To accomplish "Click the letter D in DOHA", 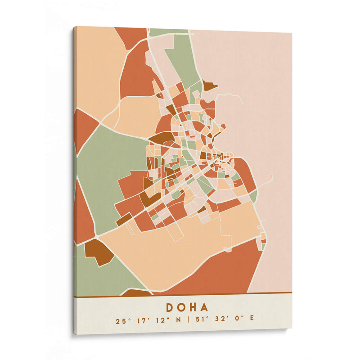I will pos(171,307).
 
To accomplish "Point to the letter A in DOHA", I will pos(205,307).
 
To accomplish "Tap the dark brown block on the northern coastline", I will pos(208,85).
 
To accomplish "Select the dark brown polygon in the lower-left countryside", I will pos(98,251).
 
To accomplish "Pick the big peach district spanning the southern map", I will pos(157,252).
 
